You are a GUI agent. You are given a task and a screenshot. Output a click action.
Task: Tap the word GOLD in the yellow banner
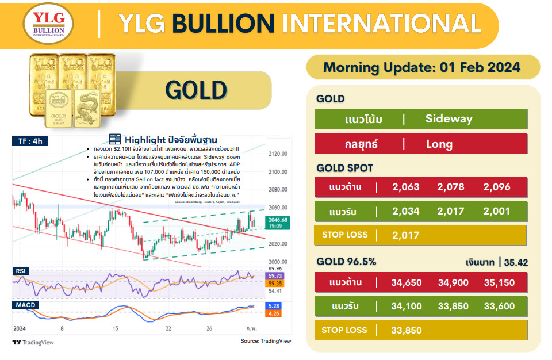(x=196, y=90)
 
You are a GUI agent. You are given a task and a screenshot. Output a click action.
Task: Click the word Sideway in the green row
(x=448, y=119)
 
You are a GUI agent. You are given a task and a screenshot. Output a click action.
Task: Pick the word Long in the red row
(x=439, y=144)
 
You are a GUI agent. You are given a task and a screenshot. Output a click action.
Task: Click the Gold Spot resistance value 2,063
(x=406, y=187)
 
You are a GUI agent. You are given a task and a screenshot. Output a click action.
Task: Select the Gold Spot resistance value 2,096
(x=497, y=187)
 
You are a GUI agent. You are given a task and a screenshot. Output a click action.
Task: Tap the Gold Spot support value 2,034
(x=406, y=212)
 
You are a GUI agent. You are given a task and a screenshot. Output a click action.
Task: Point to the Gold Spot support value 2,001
(x=497, y=212)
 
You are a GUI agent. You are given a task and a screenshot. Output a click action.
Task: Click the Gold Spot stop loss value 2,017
(x=406, y=235)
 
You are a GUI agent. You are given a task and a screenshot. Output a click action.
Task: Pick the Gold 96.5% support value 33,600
(x=499, y=307)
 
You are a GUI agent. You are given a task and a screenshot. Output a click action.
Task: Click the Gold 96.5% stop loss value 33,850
(x=406, y=330)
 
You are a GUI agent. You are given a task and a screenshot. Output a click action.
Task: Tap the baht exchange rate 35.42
(x=516, y=263)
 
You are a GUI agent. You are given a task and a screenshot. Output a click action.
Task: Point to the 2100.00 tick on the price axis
(x=278, y=172)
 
